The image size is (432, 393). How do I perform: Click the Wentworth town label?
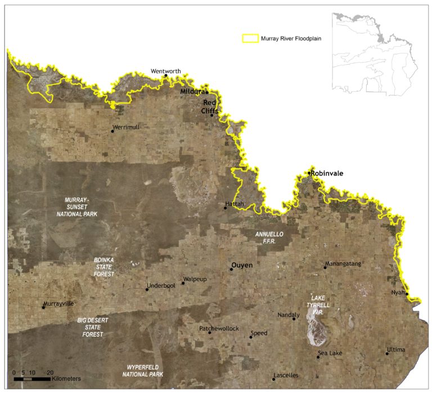[165, 71]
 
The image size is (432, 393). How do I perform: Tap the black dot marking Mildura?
[207, 92]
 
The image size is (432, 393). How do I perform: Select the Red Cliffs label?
[209, 106]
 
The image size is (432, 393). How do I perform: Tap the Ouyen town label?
[242, 265]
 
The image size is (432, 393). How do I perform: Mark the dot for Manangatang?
[325, 267]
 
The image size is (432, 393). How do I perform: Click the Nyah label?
[398, 292]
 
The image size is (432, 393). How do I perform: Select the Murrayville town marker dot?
[43, 307]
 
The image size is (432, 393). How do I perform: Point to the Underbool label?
[161, 286]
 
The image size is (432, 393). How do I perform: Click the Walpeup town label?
[195, 279]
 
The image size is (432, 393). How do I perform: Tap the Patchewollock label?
[219, 328]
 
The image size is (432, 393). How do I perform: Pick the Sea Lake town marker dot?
[318, 357]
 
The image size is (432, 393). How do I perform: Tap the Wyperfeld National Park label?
[143, 370]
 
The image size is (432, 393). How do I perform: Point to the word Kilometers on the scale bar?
[66, 378]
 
